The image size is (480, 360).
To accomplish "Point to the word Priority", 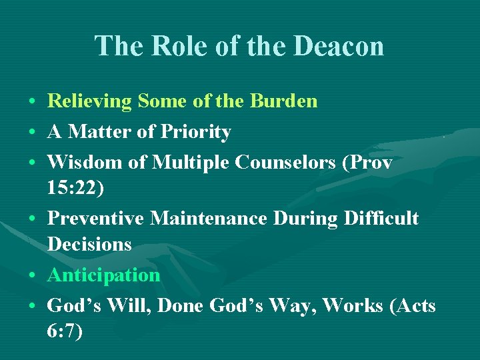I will [x=195, y=132].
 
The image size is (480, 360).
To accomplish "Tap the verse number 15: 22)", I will [x=76, y=187].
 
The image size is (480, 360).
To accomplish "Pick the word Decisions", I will [x=89, y=244].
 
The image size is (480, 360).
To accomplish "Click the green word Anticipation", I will [x=103, y=275].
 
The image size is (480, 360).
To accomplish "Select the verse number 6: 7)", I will [x=65, y=331].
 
